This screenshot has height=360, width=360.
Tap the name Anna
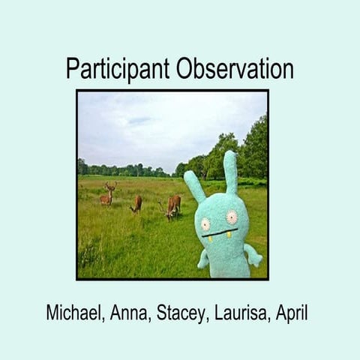pyautogui.click(x=130, y=313)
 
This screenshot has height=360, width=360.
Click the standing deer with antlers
pyautogui.click(x=108, y=196)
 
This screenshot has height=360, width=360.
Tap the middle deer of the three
pyautogui.click(x=136, y=204)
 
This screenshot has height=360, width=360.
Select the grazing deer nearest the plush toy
pyautogui.click(x=173, y=205)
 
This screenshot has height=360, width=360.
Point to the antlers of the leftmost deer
pyautogui.click(x=109, y=184)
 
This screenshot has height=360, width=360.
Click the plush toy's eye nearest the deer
pyautogui.click(x=205, y=223)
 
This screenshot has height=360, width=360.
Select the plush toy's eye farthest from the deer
pyautogui.click(x=232, y=217)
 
